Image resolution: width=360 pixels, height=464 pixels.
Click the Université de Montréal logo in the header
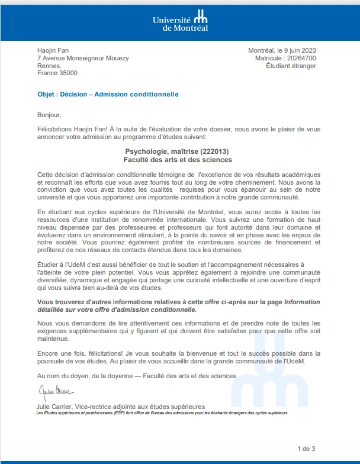click(180, 22)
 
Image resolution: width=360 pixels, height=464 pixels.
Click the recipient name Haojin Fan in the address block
click(53, 50)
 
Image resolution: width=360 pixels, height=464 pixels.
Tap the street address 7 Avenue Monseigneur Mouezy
click(83, 58)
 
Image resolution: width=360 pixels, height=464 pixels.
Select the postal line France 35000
click(57, 73)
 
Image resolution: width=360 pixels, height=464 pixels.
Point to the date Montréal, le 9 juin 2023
click(282, 50)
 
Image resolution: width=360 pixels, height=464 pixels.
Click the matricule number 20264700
click(301, 58)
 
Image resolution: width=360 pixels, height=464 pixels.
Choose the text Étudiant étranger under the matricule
click(291, 66)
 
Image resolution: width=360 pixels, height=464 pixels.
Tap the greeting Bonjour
click(49, 115)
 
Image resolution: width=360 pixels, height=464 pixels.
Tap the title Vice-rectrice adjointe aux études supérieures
click(142, 407)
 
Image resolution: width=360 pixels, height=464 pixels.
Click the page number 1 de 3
click(306, 448)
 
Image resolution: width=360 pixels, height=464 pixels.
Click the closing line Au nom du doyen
click(136, 376)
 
